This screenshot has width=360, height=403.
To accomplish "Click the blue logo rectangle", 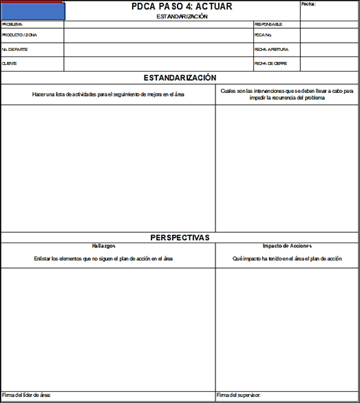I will tap(33, 10).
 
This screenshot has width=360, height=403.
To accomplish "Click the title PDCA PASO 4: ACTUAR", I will tap(182, 6).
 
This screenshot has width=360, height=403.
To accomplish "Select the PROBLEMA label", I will tap(12, 24).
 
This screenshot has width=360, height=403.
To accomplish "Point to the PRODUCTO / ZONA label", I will tap(20, 34).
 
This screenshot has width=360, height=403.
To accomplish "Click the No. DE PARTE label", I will tap(16, 50).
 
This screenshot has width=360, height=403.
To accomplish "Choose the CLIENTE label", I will tap(10, 63).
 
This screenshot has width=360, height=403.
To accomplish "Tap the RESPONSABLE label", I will tap(268, 24).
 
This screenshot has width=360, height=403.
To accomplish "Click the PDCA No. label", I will tap(264, 34).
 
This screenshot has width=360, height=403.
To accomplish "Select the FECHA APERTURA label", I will tap(271, 50).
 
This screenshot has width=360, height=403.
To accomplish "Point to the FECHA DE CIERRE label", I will tap(271, 63).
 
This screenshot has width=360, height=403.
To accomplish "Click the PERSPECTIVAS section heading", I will tap(180, 238).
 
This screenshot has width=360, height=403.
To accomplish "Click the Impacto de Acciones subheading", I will tap(287, 246).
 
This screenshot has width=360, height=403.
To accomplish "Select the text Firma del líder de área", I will tap(27, 395).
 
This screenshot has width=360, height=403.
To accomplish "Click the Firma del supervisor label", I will tap(239, 395).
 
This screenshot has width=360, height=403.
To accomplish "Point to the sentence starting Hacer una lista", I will tap(108, 94).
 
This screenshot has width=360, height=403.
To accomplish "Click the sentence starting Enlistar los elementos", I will tap(103, 258).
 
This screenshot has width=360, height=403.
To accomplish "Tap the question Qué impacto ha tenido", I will tap(287, 258).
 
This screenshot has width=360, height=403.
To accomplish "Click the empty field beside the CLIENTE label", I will tap(158, 63).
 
